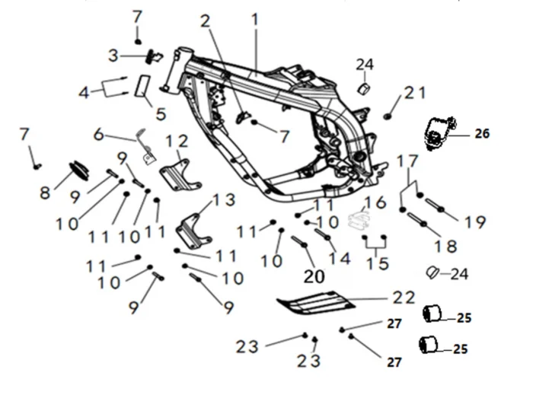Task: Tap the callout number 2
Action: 206,22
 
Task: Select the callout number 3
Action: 113,56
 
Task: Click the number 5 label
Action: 161,113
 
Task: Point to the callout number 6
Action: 98,135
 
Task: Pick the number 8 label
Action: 45,193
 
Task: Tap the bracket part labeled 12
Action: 180,175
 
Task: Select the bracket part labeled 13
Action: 193,231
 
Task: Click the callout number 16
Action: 375,202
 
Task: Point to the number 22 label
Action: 404,298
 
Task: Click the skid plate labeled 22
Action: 316,303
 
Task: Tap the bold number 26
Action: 482,134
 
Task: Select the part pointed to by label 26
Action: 439,133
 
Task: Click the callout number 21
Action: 415,93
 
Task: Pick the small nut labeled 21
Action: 387,116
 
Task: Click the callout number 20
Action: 314,276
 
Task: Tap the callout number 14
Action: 340,259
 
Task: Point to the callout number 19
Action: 475,222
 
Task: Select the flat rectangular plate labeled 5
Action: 143,86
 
